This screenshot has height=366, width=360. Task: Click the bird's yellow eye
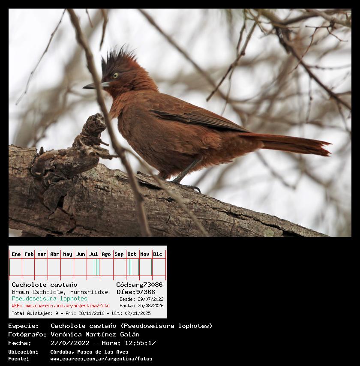coord(116,75)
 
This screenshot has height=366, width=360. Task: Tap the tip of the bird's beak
coord(84,87)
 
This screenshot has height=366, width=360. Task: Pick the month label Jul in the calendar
coord(93,254)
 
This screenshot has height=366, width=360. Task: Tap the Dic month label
coord(158,254)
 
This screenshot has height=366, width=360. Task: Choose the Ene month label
coord(16,254)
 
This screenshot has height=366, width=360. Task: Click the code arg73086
coord(147,285)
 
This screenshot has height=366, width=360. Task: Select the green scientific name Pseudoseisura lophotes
coord(49,299)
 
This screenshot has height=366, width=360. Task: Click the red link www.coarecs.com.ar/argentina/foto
coord(67,306)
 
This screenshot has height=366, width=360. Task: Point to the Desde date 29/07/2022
coord(150,299)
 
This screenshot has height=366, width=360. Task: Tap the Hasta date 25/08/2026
coord(150,306)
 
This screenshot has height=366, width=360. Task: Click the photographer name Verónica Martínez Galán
coord(95,334)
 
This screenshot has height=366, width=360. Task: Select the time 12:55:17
coord(140,343)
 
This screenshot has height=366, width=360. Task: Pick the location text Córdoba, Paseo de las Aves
coord(89,352)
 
